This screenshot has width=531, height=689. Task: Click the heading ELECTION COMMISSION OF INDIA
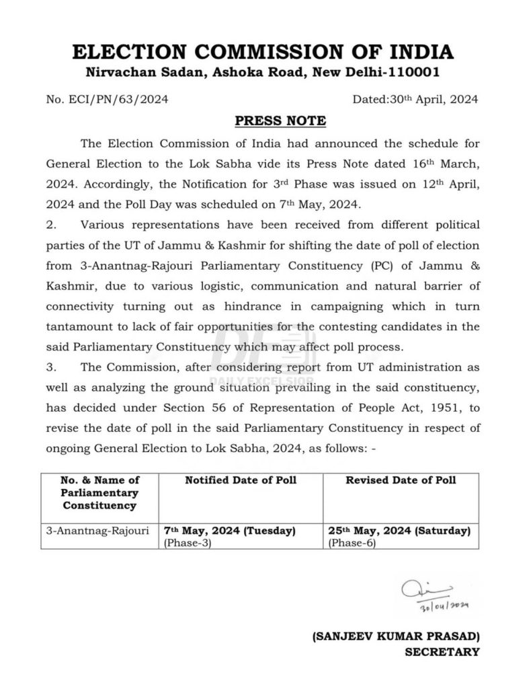[263, 52]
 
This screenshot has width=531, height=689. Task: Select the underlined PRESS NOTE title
[280, 121]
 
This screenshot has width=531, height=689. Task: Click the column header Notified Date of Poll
[241, 480]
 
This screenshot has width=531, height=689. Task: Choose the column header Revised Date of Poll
[401, 480]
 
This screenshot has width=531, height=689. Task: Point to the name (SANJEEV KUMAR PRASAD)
[396, 636]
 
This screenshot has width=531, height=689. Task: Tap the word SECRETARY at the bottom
[442, 651]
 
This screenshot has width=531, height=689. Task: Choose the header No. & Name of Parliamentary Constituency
[99, 493]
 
